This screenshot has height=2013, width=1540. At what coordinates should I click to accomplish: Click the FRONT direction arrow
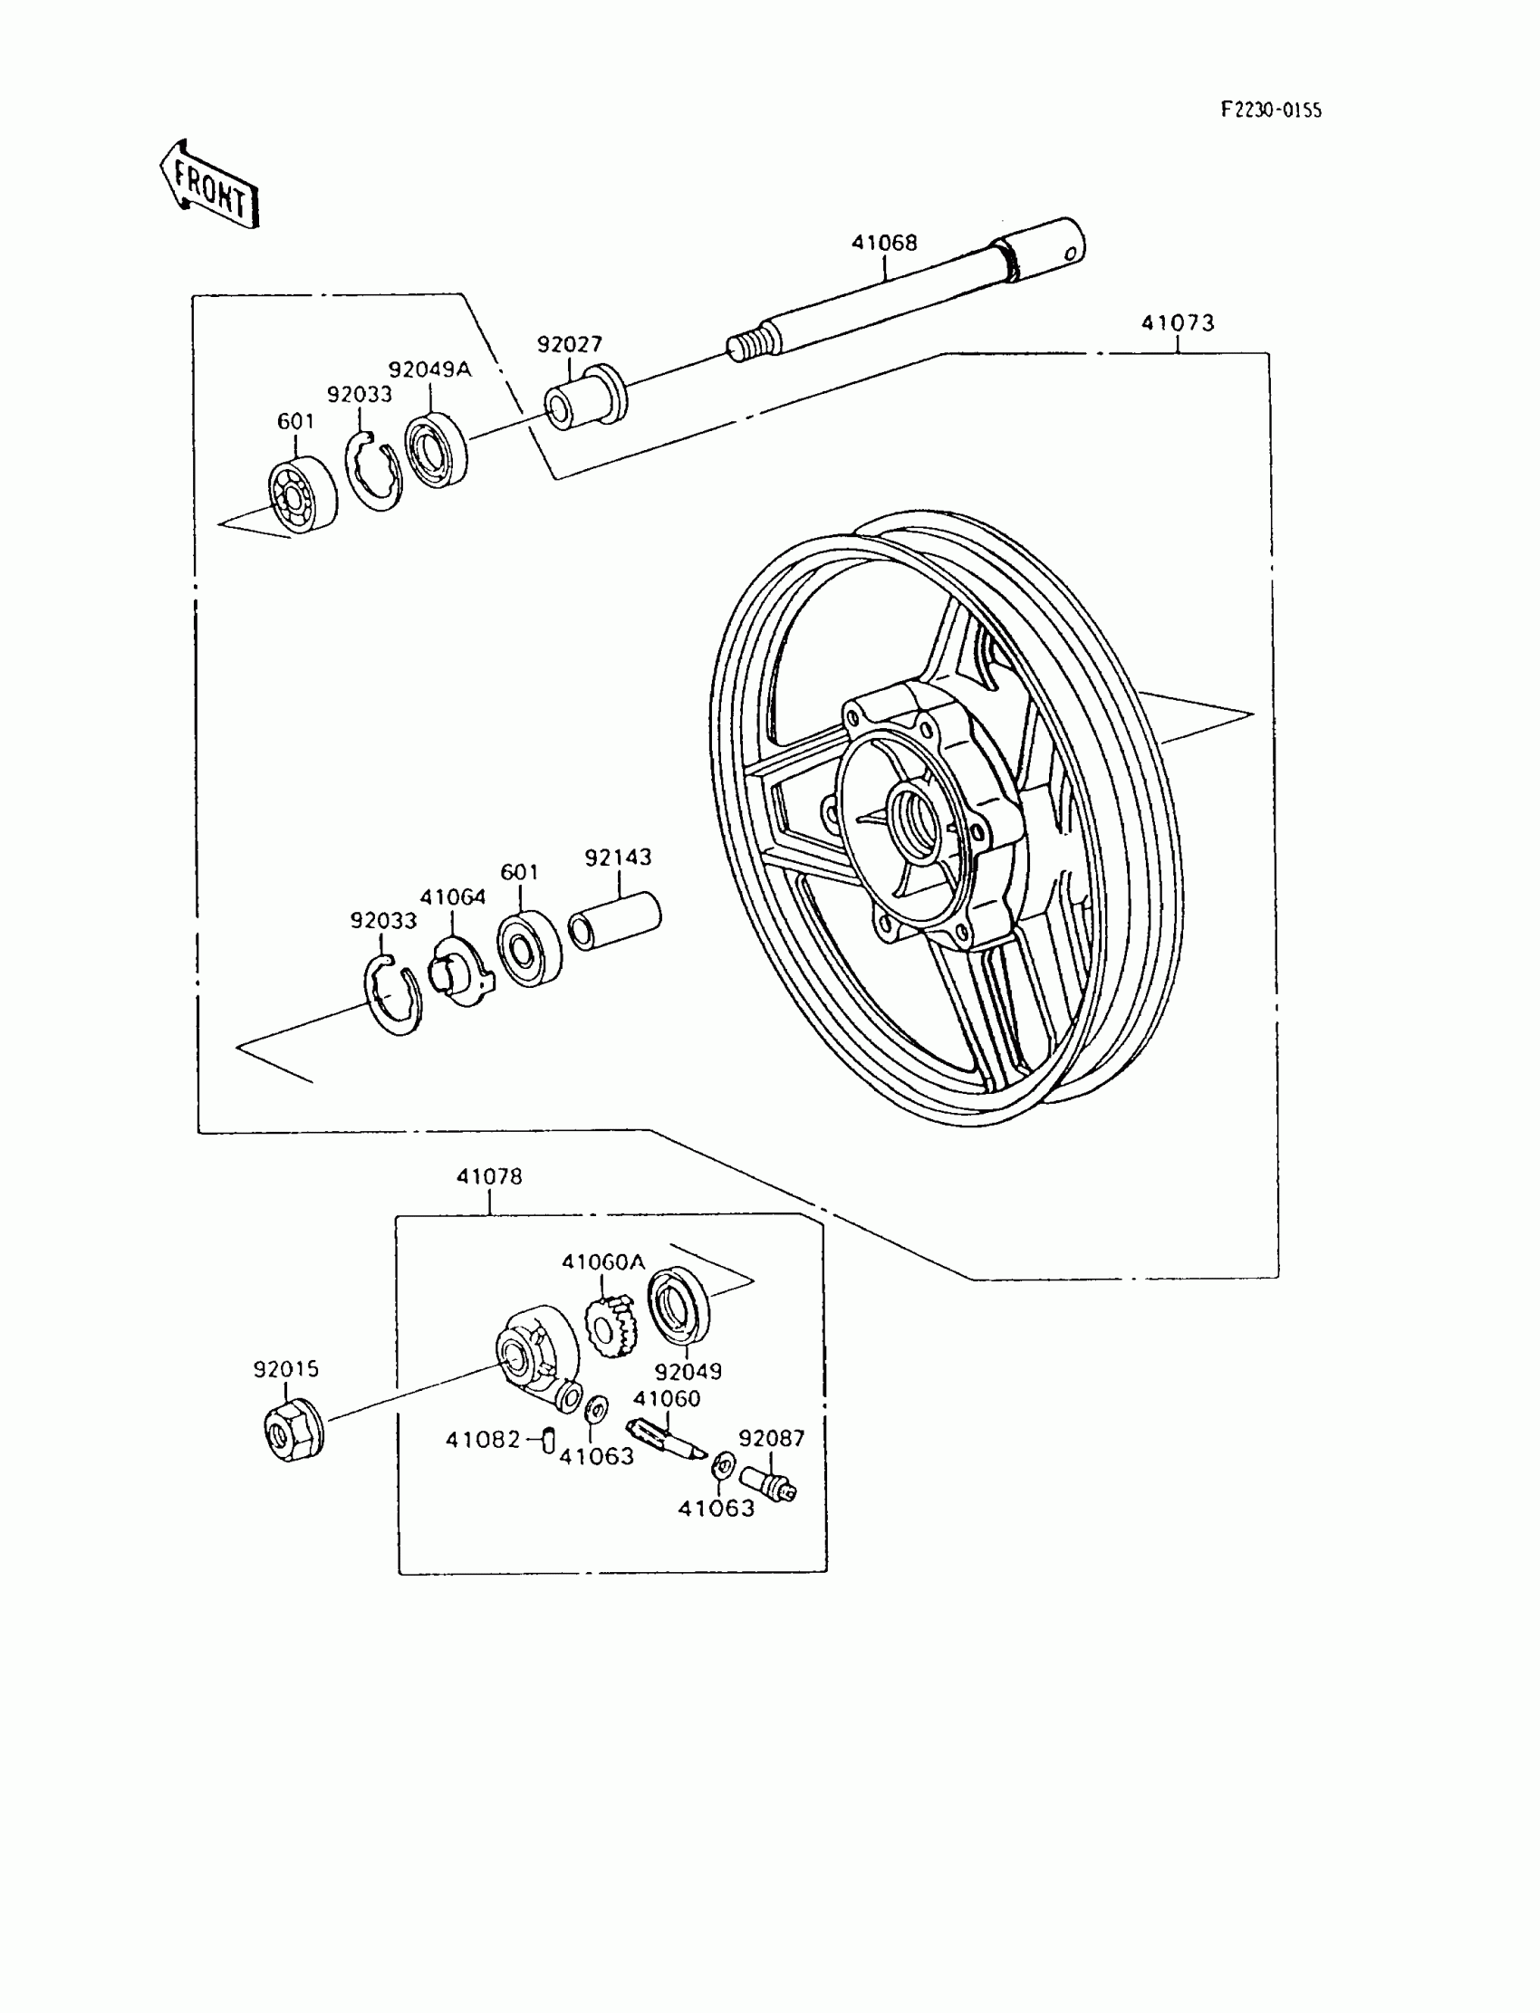coord(210,184)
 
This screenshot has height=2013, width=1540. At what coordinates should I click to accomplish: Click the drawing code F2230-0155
coord(1270,110)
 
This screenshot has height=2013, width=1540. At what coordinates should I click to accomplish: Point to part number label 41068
coord(883,243)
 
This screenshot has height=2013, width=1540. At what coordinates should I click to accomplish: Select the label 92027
coord(569,344)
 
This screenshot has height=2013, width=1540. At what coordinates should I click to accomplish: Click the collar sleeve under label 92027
coord(587,395)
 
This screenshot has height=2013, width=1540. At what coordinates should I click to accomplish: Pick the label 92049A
coord(429,370)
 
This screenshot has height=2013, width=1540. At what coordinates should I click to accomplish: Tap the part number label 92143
coord(618,858)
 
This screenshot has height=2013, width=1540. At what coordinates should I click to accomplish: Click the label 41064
coord(453,897)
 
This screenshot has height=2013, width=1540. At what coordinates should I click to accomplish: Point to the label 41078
coord(488,1176)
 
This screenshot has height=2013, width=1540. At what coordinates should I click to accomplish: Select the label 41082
coord(482,1440)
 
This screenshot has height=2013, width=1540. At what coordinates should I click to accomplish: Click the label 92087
coord(771,1438)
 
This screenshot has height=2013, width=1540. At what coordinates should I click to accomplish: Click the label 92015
coord(286,1369)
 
